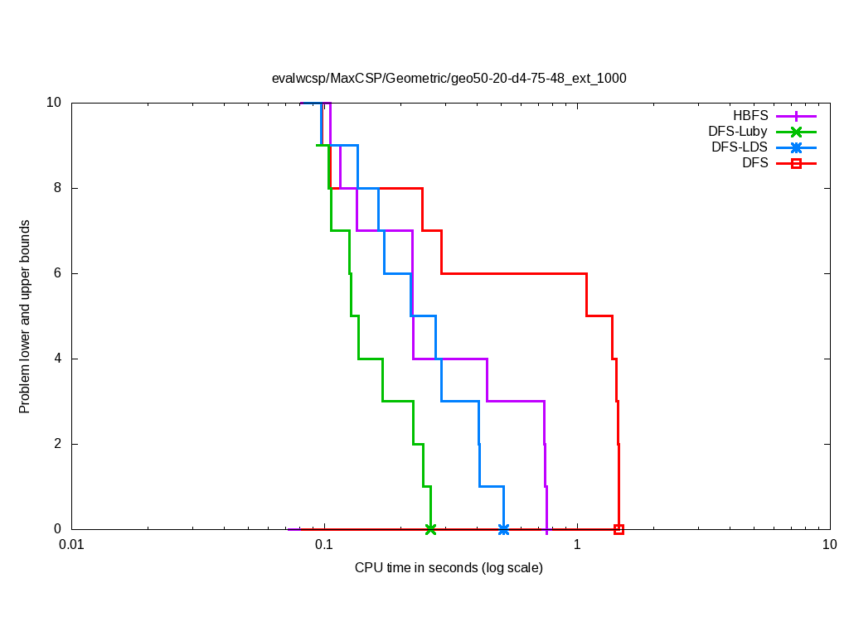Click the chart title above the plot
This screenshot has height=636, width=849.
[449, 79]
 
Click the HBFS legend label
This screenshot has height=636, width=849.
[750, 116]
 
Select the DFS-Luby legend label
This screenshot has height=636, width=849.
[738, 132]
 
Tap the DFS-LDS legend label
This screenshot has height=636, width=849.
[740, 147]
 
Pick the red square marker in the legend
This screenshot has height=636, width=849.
[796, 163]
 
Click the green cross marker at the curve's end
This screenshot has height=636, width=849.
[430, 529]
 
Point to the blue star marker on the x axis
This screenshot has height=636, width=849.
[503, 529]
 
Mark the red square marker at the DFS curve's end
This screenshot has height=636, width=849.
[619, 529]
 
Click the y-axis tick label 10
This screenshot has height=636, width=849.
[54, 103]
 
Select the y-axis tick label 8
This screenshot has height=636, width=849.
[58, 188]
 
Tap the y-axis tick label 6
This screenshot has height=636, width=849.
[58, 273]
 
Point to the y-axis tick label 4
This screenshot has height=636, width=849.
[58, 359]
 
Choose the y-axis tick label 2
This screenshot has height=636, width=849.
[58, 444]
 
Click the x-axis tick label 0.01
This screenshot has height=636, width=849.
[72, 545]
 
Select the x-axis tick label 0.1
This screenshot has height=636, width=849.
[324, 545]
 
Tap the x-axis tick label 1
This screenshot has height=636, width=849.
[577, 545]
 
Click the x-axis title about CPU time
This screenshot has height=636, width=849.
[449, 567]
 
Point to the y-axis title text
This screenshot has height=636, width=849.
[25, 316]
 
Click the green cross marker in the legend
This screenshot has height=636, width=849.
[796, 132]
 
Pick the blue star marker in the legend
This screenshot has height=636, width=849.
[796, 147]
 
